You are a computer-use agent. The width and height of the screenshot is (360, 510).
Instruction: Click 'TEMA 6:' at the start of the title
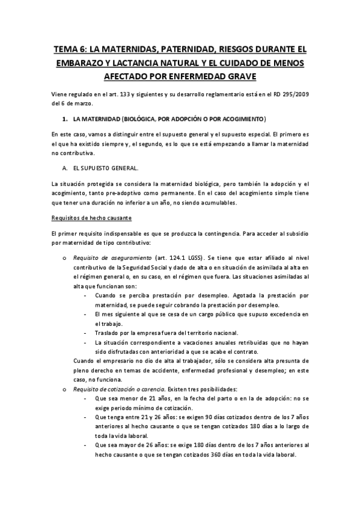click(x=68, y=49)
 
